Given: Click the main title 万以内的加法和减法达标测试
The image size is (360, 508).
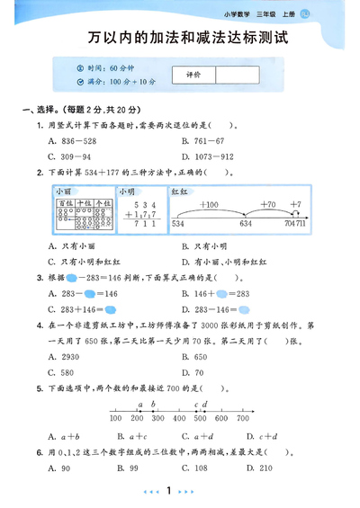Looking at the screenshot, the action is tap(180, 40).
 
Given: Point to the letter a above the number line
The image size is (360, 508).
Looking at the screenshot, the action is tap(140, 405).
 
